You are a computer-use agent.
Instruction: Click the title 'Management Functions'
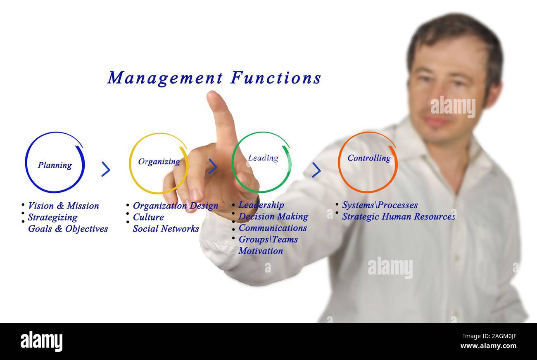[x=214, y=78]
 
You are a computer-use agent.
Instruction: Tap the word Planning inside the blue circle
[x=55, y=165]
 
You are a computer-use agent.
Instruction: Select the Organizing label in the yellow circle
[x=159, y=161]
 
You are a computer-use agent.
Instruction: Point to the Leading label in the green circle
[x=263, y=158]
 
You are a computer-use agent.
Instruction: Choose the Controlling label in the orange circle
[x=369, y=158]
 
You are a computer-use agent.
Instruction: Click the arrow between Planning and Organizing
[x=106, y=169]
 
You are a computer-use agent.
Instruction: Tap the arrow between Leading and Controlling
[x=316, y=170]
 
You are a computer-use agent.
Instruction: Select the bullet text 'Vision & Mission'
[x=63, y=206]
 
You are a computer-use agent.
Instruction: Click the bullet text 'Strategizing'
[x=52, y=217]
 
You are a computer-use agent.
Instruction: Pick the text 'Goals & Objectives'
[x=68, y=229]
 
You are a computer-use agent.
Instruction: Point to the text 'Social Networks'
[x=166, y=229]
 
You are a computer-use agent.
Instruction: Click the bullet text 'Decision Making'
[x=273, y=216]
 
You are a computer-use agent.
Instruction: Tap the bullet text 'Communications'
[x=273, y=228]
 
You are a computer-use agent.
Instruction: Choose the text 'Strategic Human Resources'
[x=398, y=216]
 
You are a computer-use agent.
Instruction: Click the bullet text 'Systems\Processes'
[x=380, y=205]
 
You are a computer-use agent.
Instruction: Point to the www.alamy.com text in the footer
[x=488, y=346]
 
